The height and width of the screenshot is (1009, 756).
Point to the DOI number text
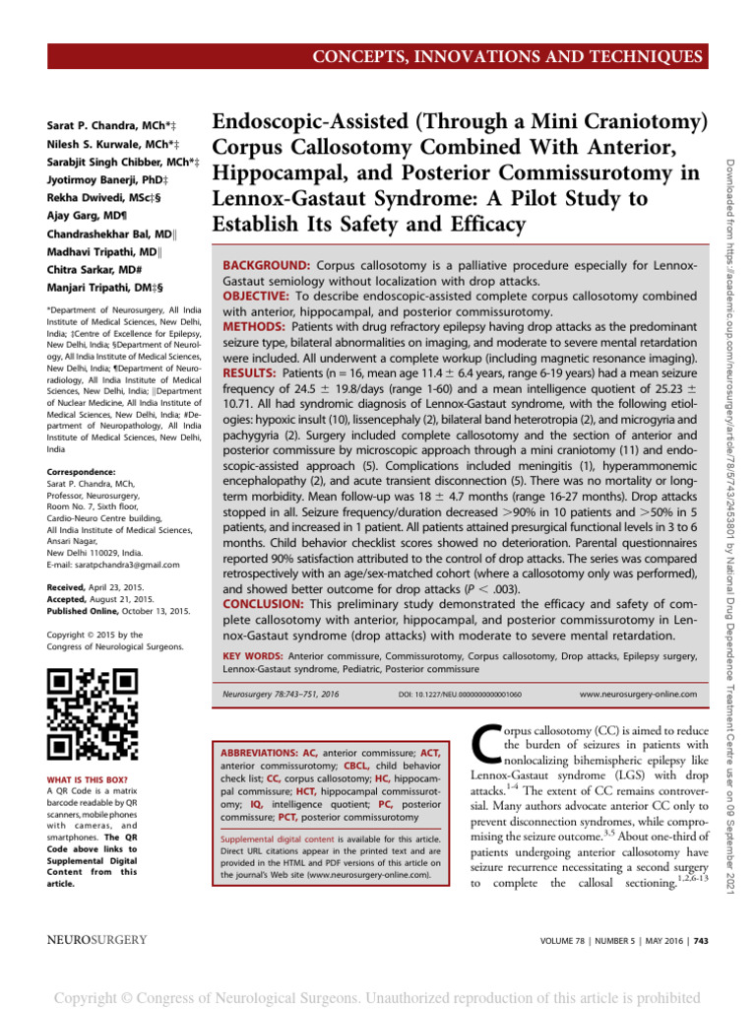(x=459, y=695)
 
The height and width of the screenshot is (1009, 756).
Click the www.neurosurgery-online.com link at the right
(x=638, y=694)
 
